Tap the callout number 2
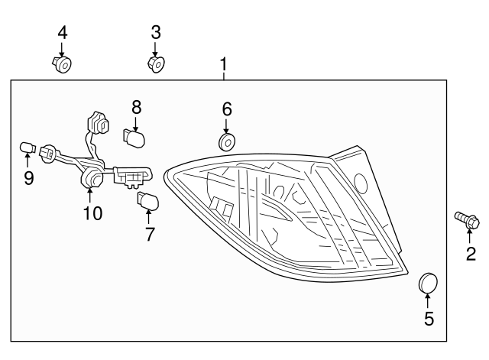pyautogui.click(x=470, y=253)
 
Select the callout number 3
pyautogui.click(x=155, y=32)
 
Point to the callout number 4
pyautogui.click(x=63, y=32)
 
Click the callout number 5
pyautogui.click(x=429, y=319)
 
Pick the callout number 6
pyautogui.click(x=227, y=109)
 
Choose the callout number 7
pyautogui.click(x=150, y=234)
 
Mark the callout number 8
pyautogui.click(x=136, y=106)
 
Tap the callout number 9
pyautogui.click(x=28, y=178)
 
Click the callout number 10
pyautogui.click(x=92, y=213)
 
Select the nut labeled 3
pyautogui.click(x=156, y=63)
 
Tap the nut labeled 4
pyautogui.click(x=63, y=64)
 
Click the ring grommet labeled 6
pyautogui.click(x=227, y=142)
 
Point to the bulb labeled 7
pyautogui.click(x=147, y=203)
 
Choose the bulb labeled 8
pyautogui.click(x=136, y=138)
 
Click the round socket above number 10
pyautogui.click(x=92, y=179)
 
